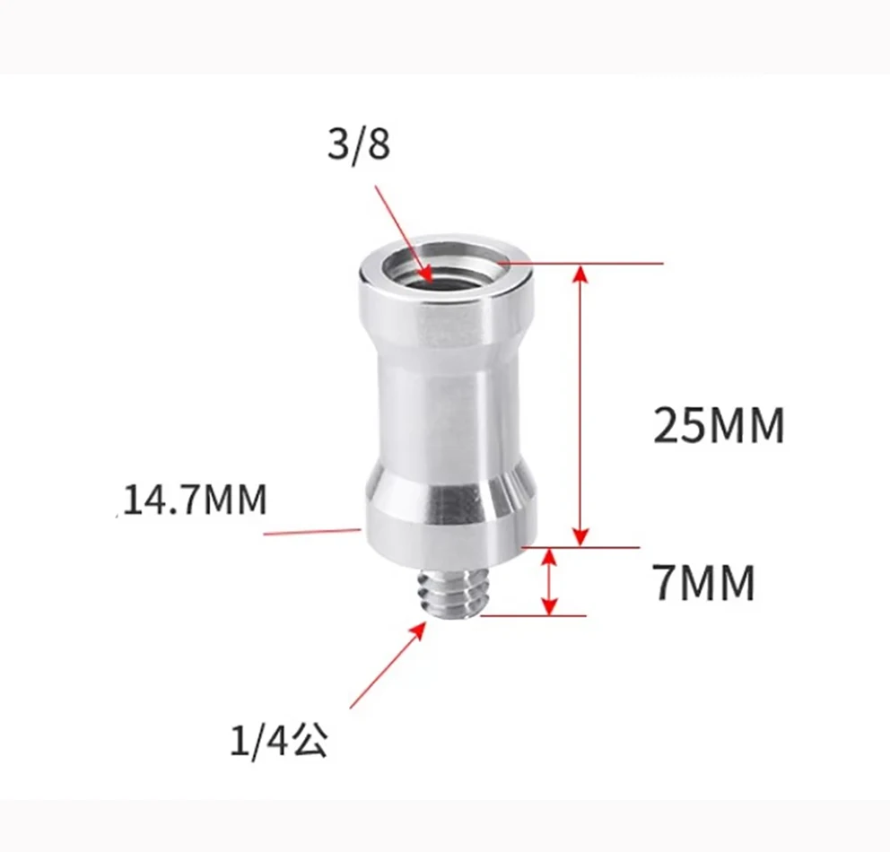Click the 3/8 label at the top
(x=359, y=143)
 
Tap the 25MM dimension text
(x=719, y=426)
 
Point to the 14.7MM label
(x=195, y=500)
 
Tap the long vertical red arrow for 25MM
(x=581, y=404)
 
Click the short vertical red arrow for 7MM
(x=549, y=582)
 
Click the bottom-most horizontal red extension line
(x=534, y=616)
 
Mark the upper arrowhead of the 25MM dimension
(x=581, y=273)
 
